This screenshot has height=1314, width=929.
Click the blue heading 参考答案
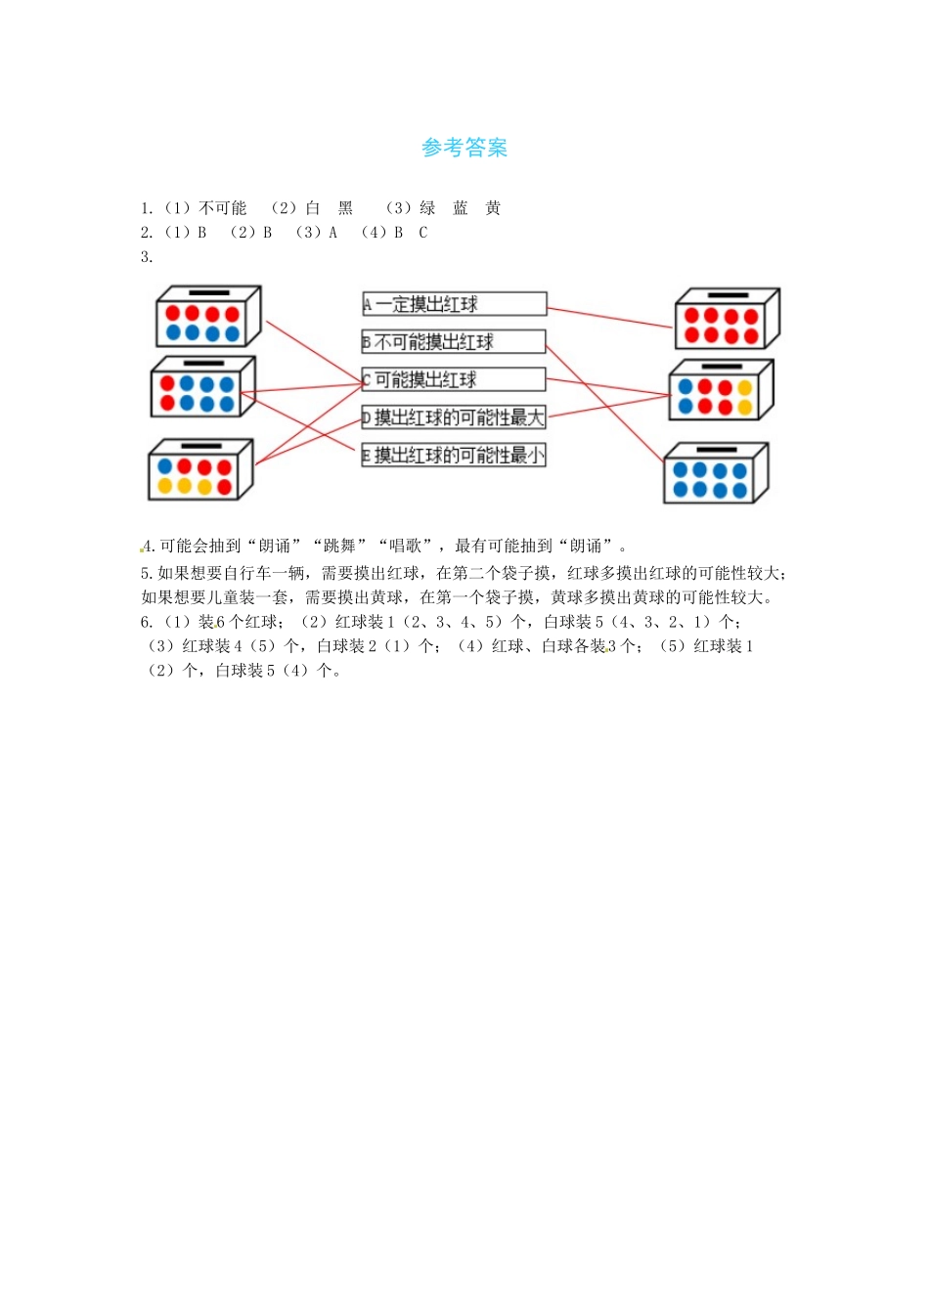tap(464, 148)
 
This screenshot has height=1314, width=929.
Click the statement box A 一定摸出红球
tap(454, 304)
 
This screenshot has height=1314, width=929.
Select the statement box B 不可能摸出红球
tap(454, 342)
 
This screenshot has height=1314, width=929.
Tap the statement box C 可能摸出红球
tap(454, 379)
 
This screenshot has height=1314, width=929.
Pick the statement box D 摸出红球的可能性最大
tap(454, 417)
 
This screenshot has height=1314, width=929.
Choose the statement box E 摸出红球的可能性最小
tap(454, 456)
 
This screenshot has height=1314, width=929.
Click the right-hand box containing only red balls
tap(727, 320)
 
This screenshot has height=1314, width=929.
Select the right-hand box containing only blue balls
tap(716, 474)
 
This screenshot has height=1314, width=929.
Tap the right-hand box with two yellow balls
tap(721, 391)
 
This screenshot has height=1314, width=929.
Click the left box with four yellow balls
tap(199, 471)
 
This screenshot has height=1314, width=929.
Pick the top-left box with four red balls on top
tap(208, 317)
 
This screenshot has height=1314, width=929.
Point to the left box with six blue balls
tap(202, 387)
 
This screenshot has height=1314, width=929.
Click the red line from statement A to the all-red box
tap(610, 318)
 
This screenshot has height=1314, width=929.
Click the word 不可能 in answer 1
tap(223, 208)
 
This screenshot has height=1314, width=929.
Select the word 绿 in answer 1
tap(427, 208)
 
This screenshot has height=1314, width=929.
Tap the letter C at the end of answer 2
tap(423, 233)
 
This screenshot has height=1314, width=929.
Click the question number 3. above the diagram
tap(147, 257)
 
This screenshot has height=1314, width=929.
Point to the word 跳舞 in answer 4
tap(340, 547)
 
